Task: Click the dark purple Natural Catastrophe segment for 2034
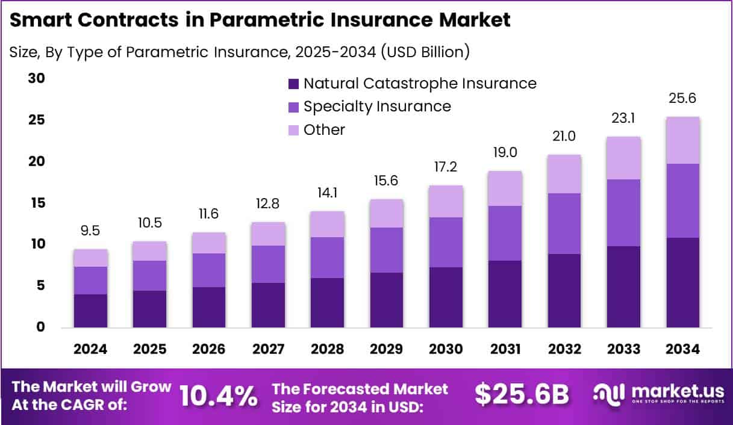tap(682, 282)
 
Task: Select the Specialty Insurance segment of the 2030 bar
tap(445, 242)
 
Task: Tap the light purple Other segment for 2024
tap(90, 258)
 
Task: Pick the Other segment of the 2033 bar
tap(623, 158)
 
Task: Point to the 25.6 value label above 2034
tap(682, 98)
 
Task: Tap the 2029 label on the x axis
tap(386, 349)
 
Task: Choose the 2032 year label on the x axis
tap(564, 349)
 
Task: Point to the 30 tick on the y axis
tap(37, 79)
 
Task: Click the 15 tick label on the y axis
tap(37, 203)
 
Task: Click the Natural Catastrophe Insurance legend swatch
tap(293, 84)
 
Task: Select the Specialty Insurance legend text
tap(377, 107)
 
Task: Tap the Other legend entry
tap(324, 129)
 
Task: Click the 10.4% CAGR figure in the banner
tap(219, 396)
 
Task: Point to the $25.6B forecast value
tap(522, 394)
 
